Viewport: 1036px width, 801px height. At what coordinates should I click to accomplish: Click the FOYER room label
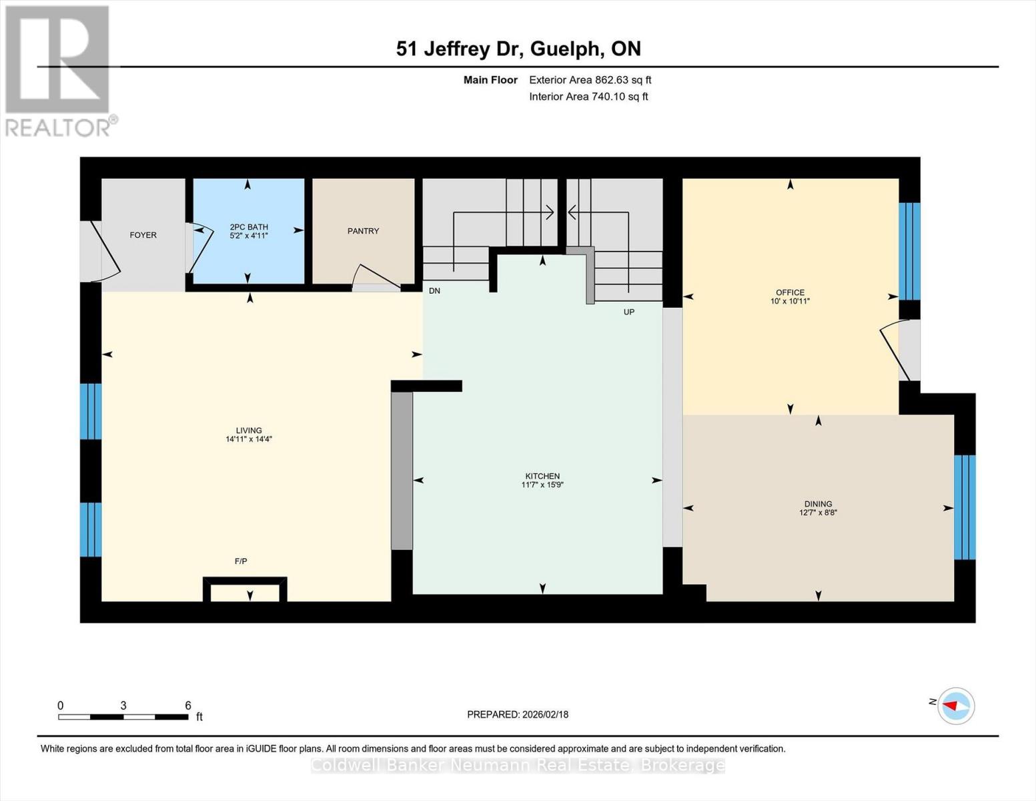[x=143, y=235]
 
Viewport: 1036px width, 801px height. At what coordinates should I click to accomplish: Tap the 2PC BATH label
[x=249, y=226]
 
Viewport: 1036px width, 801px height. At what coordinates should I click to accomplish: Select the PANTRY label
[x=364, y=231]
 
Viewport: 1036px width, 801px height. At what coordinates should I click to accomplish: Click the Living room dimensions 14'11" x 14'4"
[x=249, y=439]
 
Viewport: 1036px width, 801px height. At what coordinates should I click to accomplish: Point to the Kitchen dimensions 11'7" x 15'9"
[x=542, y=485]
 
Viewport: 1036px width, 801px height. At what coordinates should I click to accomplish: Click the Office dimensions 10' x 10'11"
[x=790, y=301]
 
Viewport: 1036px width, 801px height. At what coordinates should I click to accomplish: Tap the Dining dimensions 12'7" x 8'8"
[x=818, y=513]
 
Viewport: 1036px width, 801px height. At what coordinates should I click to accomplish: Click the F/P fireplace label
[x=241, y=561]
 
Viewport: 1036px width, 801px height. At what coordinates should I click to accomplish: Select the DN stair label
[x=434, y=290]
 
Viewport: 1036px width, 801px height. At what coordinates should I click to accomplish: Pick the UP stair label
[x=629, y=312]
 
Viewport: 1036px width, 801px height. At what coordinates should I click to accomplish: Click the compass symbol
[x=955, y=706]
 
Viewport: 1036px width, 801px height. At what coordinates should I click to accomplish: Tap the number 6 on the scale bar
[x=188, y=705]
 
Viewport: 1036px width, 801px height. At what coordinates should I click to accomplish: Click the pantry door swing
[x=376, y=278]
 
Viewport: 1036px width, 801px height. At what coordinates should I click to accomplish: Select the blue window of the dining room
[x=965, y=507]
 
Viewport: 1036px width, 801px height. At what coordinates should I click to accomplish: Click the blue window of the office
[x=909, y=252]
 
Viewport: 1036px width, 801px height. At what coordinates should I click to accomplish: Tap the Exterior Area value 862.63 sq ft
[x=623, y=80]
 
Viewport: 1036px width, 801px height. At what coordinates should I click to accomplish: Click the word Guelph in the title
[x=566, y=49]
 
